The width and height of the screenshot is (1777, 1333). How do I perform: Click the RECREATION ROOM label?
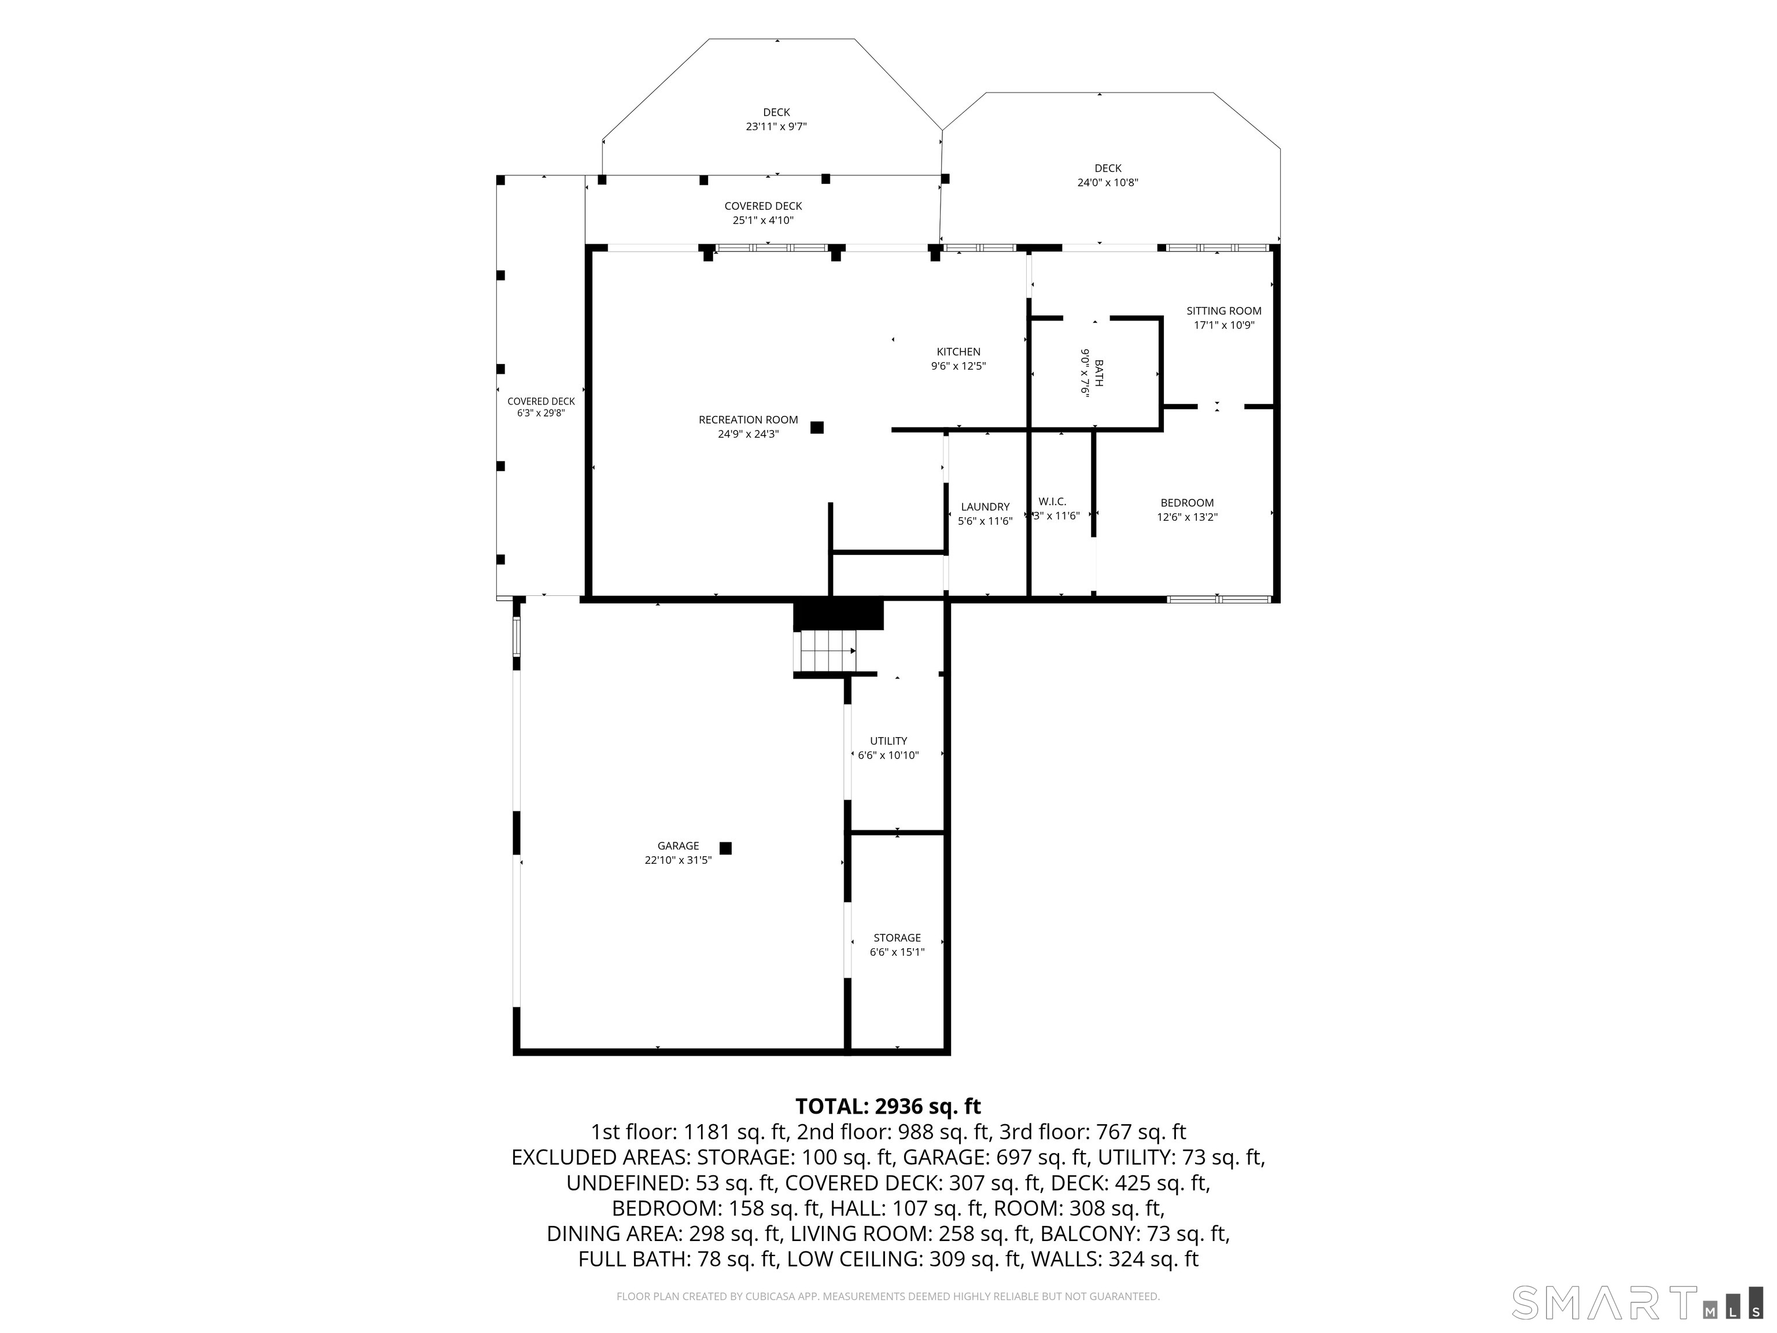(x=748, y=419)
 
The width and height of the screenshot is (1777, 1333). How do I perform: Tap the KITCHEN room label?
(x=958, y=352)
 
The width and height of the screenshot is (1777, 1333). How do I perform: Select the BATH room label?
(x=1098, y=373)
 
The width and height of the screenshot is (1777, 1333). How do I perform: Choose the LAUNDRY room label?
(x=985, y=507)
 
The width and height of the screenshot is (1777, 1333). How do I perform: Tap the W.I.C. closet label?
(x=1052, y=502)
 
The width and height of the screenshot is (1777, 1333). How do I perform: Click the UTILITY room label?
(x=888, y=741)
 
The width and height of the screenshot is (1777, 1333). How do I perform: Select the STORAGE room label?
(x=897, y=938)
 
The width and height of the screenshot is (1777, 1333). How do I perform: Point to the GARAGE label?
(x=678, y=845)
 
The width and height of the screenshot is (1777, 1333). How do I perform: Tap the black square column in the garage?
(x=725, y=848)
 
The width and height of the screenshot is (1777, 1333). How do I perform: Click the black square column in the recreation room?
(x=817, y=428)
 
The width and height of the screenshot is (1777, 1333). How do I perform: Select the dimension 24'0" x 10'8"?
(x=1108, y=182)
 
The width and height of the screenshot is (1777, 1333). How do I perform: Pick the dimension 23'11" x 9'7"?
(x=776, y=126)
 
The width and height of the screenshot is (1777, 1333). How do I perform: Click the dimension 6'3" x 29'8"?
(x=541, y=413)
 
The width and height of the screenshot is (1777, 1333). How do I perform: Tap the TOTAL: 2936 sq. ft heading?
(x=888, y=1106)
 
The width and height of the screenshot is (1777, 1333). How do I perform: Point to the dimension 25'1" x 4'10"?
(x=763, y=220)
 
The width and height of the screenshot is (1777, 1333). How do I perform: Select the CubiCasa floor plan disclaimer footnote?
(x=888, y=1296)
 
